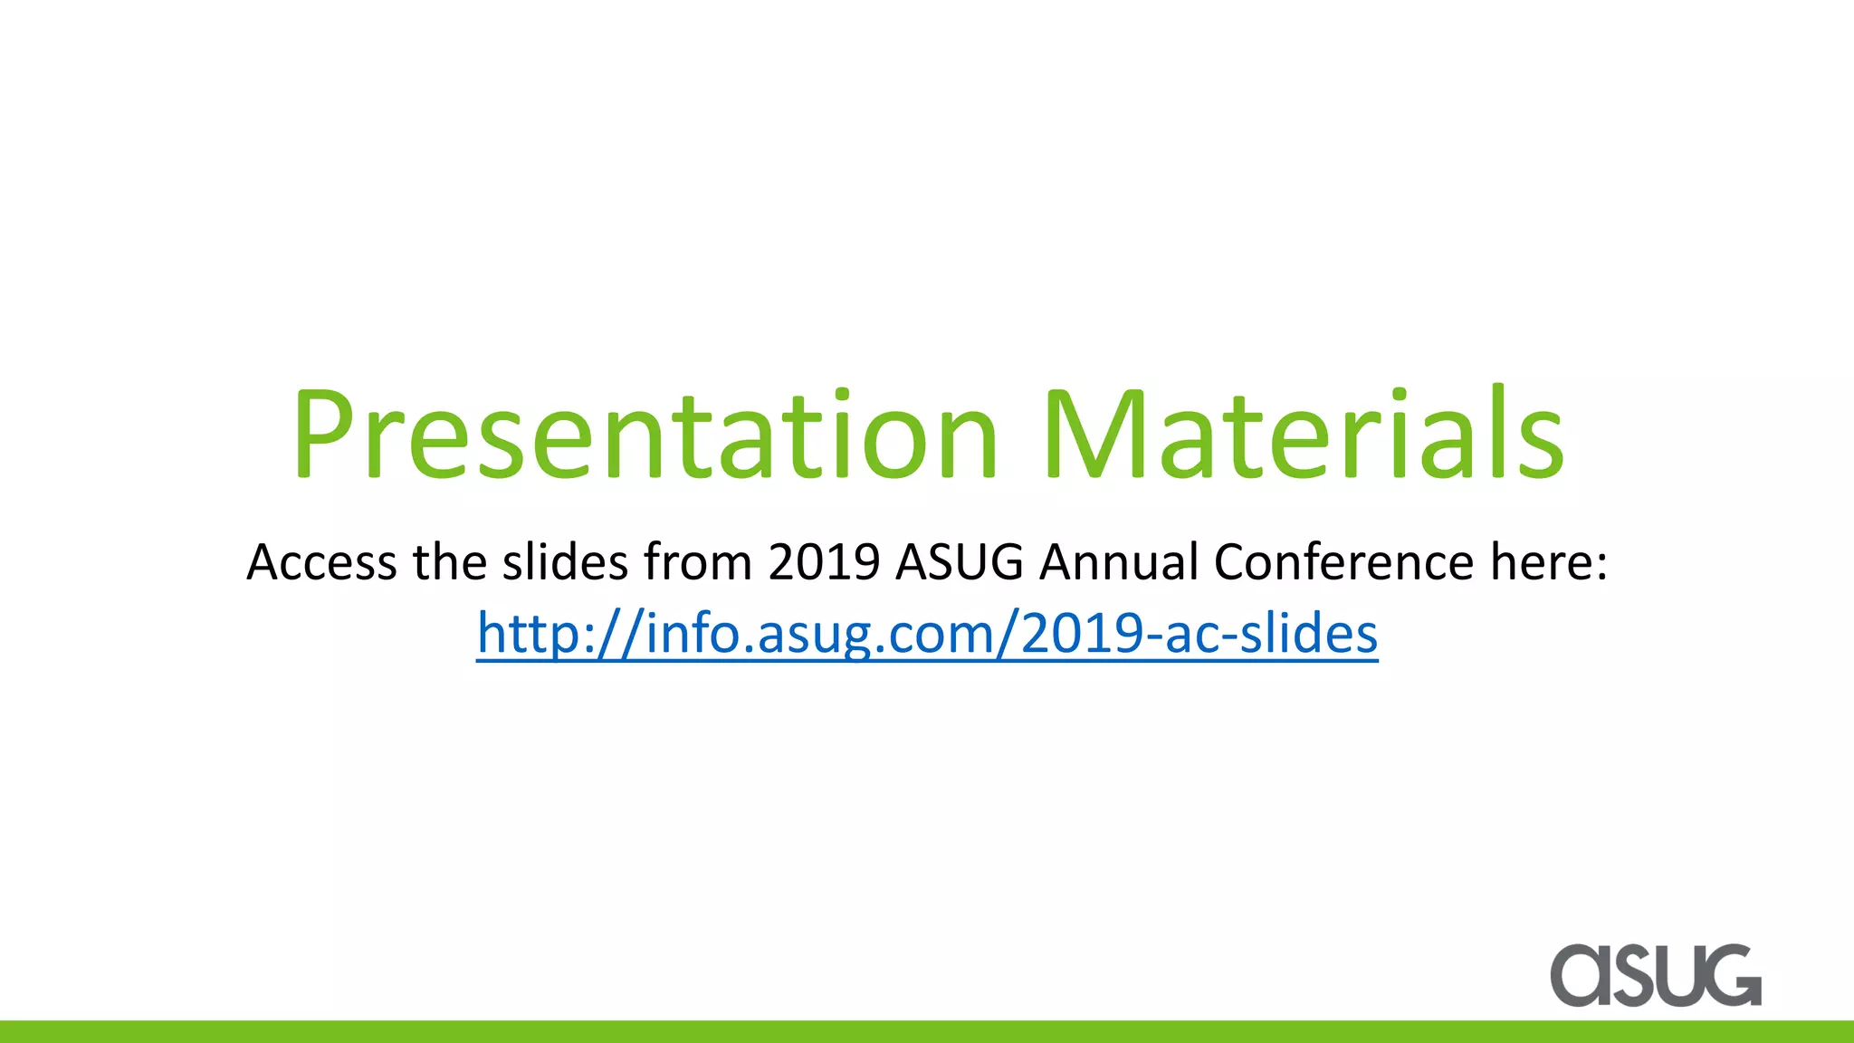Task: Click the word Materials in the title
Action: pos(1304,435)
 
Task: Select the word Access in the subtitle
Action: pos(321,562)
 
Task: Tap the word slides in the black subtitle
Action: pos(565,562)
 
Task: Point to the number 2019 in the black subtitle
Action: pos(824,562)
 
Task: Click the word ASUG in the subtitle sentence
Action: pos(960,562)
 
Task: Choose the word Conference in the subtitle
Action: pos(1343,562)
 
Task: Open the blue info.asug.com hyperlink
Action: pos(927,633)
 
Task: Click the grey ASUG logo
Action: pos(1656,975)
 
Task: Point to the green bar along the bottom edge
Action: pos(927,1032)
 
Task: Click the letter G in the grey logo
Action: pos(1730,975)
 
